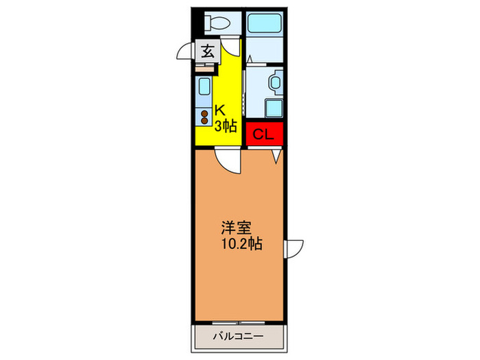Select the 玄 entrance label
pos(206,50)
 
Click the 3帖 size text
pos(226,125)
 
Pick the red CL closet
pos(264,135)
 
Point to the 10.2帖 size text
pos(241,242)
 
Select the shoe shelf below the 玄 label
pos(205,67)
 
